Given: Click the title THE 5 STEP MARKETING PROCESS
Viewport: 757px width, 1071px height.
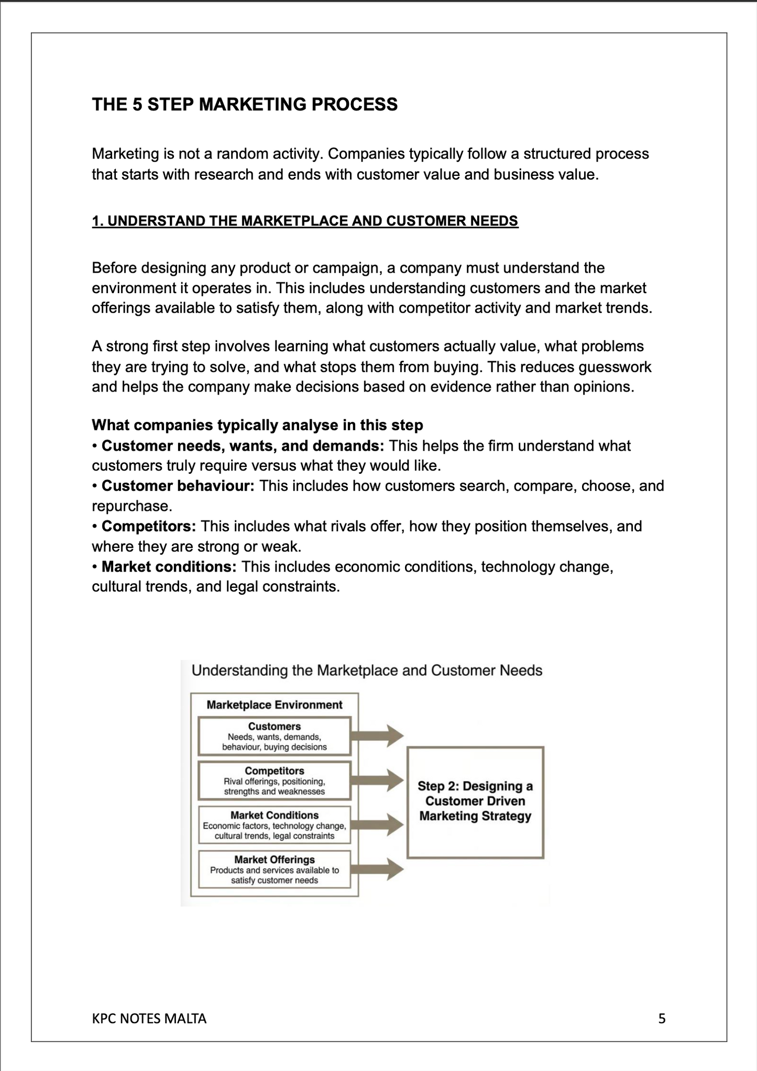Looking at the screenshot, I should point(245,104).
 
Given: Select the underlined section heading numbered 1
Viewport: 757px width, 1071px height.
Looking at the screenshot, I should point(305,221).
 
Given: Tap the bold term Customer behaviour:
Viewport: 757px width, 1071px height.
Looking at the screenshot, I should point(178,486).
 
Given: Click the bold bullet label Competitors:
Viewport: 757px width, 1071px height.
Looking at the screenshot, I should point(148,526).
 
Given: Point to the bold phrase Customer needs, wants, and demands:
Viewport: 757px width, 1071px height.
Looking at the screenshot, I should point(243,445).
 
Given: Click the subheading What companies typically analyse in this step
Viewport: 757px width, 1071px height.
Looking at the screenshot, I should point(257,425).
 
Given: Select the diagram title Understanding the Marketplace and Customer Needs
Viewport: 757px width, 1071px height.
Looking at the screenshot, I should point(367,671).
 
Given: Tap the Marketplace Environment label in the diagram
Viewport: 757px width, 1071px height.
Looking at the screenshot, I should point(274,705).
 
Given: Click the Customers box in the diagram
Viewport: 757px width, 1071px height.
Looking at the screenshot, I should point(274,736).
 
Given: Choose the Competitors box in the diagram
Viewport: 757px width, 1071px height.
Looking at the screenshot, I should point(274,780).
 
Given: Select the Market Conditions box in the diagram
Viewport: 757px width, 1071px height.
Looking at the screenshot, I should point(274,825).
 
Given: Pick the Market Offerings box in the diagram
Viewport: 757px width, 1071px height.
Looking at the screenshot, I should point(274,869).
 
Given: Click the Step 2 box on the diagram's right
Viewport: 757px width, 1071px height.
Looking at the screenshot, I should point(475,801).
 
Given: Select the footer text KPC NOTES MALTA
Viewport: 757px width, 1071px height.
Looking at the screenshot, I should point(149,1019).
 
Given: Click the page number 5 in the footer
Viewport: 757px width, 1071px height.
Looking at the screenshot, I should point(662,1019).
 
